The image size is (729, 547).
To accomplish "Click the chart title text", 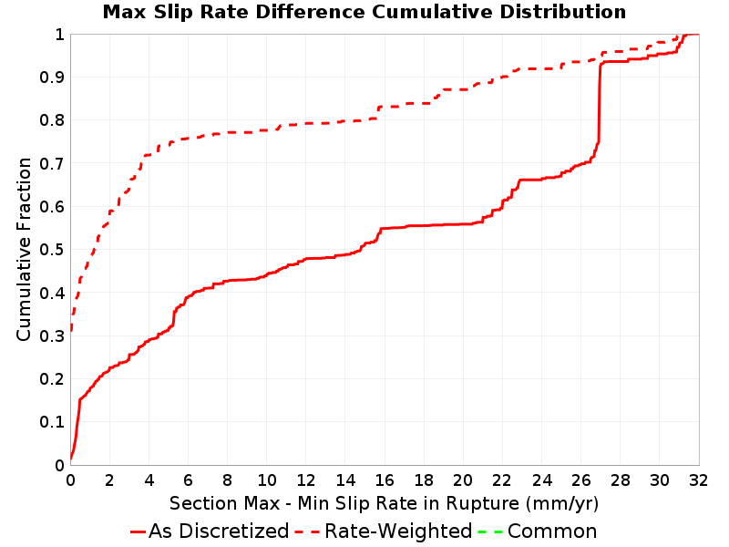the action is [x=364, y=12].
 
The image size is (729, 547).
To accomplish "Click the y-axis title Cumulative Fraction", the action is [x=24, y=249].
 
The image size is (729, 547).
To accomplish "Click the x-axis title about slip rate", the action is [x=384, y=503].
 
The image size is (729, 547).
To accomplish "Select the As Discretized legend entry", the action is [x=210, y=531].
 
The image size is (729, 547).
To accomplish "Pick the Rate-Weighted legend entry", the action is [x=384, y=531].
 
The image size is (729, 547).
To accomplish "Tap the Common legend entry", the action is [x=538, y=531].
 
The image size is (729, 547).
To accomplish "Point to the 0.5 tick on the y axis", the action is [x=52, y=250].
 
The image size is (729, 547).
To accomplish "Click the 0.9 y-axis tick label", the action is [x=52, y=77].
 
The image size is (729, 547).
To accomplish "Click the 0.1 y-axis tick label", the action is [x=52, y=422].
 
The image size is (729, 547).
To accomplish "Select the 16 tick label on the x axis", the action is [x=385, y=480].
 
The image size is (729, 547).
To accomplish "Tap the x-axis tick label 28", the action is [x=621, y=480].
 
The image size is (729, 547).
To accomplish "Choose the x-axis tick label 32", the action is [x=698, y=480].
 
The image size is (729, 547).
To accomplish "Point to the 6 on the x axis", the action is [x=188, y=480].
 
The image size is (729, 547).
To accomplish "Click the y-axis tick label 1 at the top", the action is [x=59, y=35].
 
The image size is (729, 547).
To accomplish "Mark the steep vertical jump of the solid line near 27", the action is [x=600, y=102].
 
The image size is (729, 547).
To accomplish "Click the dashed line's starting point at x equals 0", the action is [x=71, y=330].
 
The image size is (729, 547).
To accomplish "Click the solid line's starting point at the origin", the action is [x=71, y=459].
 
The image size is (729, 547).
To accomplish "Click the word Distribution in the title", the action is [x=563, y=12].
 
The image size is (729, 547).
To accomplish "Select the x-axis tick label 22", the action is [x=502, y=480].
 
